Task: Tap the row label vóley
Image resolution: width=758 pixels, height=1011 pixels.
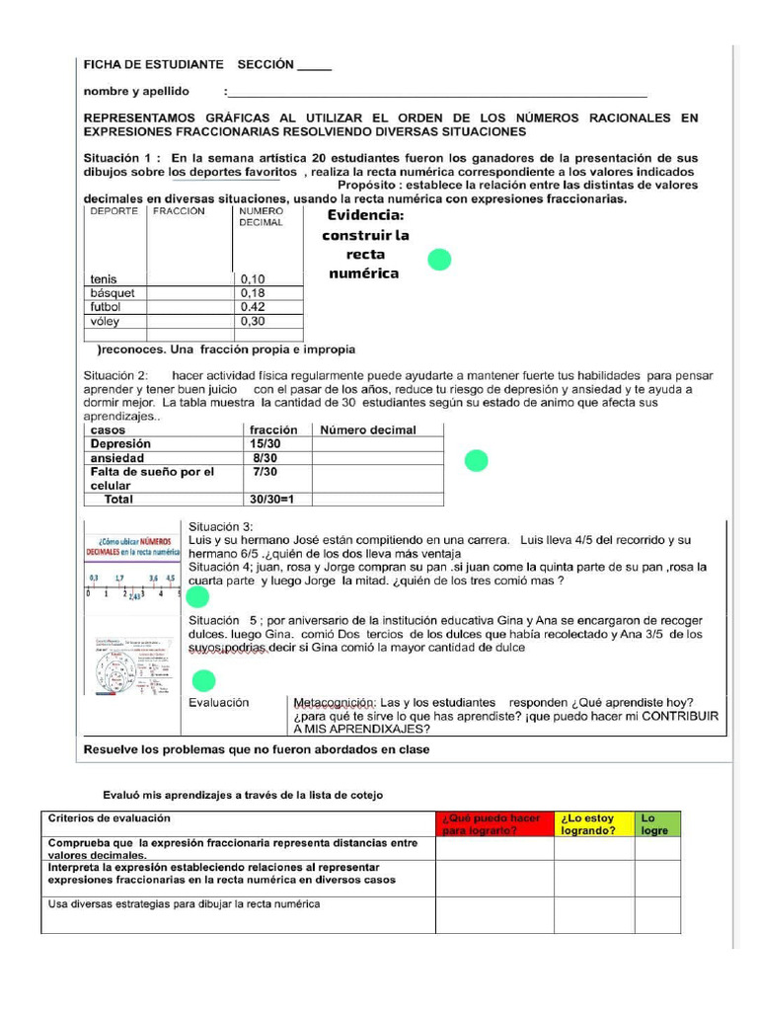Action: tap(105, 321)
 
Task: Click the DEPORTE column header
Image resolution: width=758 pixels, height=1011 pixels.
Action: tap(114, 211)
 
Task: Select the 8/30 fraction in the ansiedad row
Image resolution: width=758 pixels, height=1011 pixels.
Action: tap(265, 458)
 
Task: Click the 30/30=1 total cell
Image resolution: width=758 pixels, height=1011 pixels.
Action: tap(272, 500)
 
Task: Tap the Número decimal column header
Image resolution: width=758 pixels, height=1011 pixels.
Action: tap(367, 430)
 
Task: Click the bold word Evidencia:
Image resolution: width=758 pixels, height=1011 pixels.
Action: tap(365, 215)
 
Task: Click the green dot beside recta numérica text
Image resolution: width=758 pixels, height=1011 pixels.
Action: tap(439, 260)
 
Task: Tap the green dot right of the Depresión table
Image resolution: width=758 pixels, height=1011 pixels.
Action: tap(477, 460)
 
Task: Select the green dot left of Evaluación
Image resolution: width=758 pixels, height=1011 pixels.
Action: tap(203, 680)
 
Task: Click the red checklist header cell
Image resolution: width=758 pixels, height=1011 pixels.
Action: tap(493, 824)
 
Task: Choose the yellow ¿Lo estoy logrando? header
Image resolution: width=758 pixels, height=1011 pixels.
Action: tap(593, 824)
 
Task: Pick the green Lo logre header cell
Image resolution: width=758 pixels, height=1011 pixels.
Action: tap(656, 824)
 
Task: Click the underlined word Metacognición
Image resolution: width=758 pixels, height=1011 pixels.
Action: tap(336, 702)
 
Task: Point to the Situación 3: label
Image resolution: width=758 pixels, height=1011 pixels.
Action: tap(221, 526)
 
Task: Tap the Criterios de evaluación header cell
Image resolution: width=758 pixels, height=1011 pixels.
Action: tap(110, 818)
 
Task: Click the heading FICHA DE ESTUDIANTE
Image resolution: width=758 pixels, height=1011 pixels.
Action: tap(153, 65)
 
